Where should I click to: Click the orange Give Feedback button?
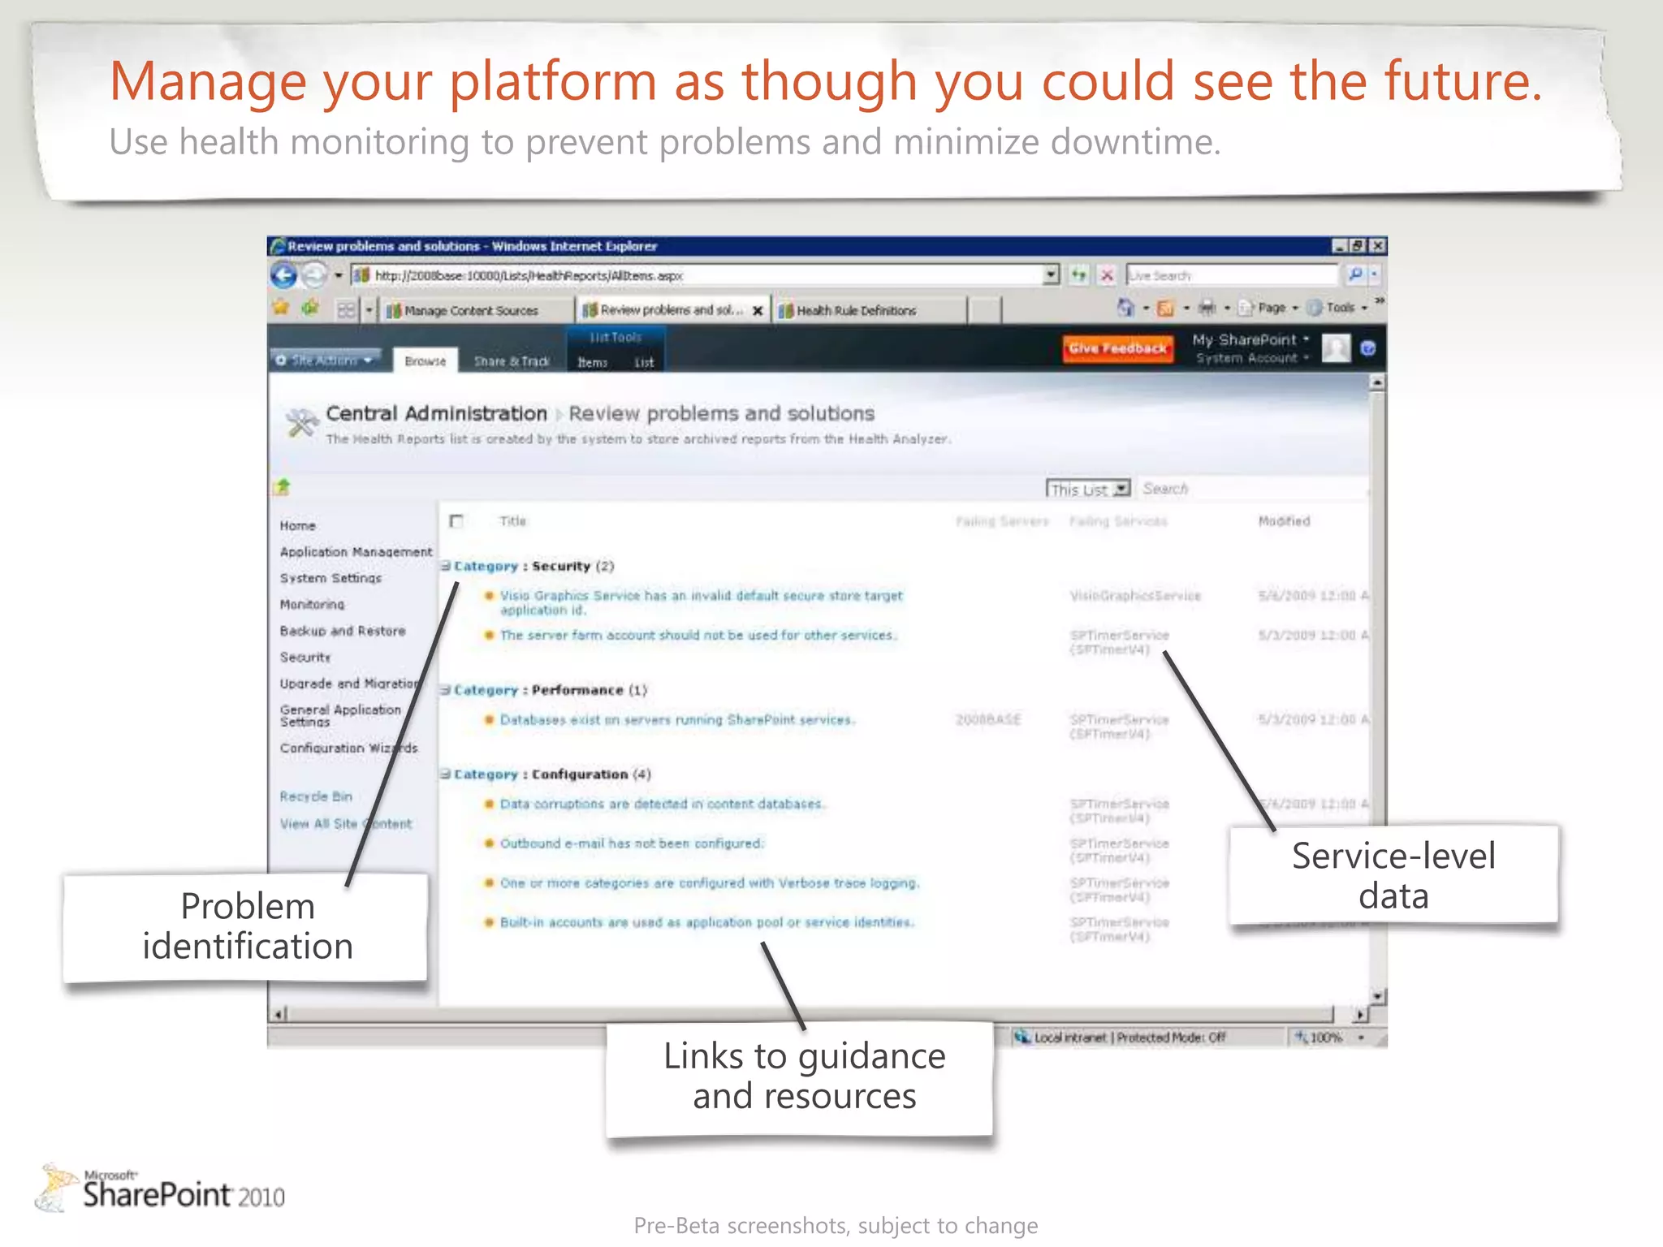coord(1117,348)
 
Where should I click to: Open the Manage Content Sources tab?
coord(470,310)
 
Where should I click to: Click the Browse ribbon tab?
coord(425,361)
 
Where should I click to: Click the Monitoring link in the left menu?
coord(312,604)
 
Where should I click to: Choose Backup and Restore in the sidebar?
coord(342,631)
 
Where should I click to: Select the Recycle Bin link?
coord(316,796)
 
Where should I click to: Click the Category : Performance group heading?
coord(550,690)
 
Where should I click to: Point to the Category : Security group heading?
coord(533,566)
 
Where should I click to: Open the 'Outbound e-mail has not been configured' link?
coord(632,844)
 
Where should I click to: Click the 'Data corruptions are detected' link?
coord(661,804)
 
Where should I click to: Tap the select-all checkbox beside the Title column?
coord(456,521)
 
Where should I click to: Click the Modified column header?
coord(1284,521)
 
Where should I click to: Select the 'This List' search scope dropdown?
coord(1087,489)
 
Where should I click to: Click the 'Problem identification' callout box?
coord(247,926)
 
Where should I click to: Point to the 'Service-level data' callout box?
coord(1393,875)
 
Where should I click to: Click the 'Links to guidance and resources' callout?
coord(803,1077)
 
